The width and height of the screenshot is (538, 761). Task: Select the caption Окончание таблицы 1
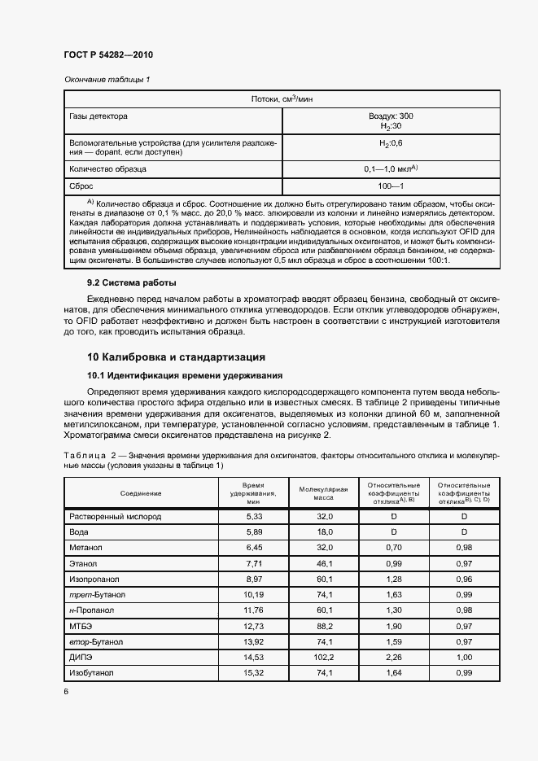[107, 79]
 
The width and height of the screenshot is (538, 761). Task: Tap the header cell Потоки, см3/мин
[282, 98]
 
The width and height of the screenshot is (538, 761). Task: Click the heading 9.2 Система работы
[131, 282]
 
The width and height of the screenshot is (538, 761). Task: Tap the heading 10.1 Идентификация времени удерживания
[185, 375]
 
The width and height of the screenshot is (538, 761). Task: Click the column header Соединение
[141, 493]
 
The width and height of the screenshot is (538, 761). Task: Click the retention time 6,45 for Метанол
[254, 547]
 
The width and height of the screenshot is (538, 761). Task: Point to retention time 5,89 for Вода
[254, 531]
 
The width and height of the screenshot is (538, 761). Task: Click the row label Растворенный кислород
[116, 516]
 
